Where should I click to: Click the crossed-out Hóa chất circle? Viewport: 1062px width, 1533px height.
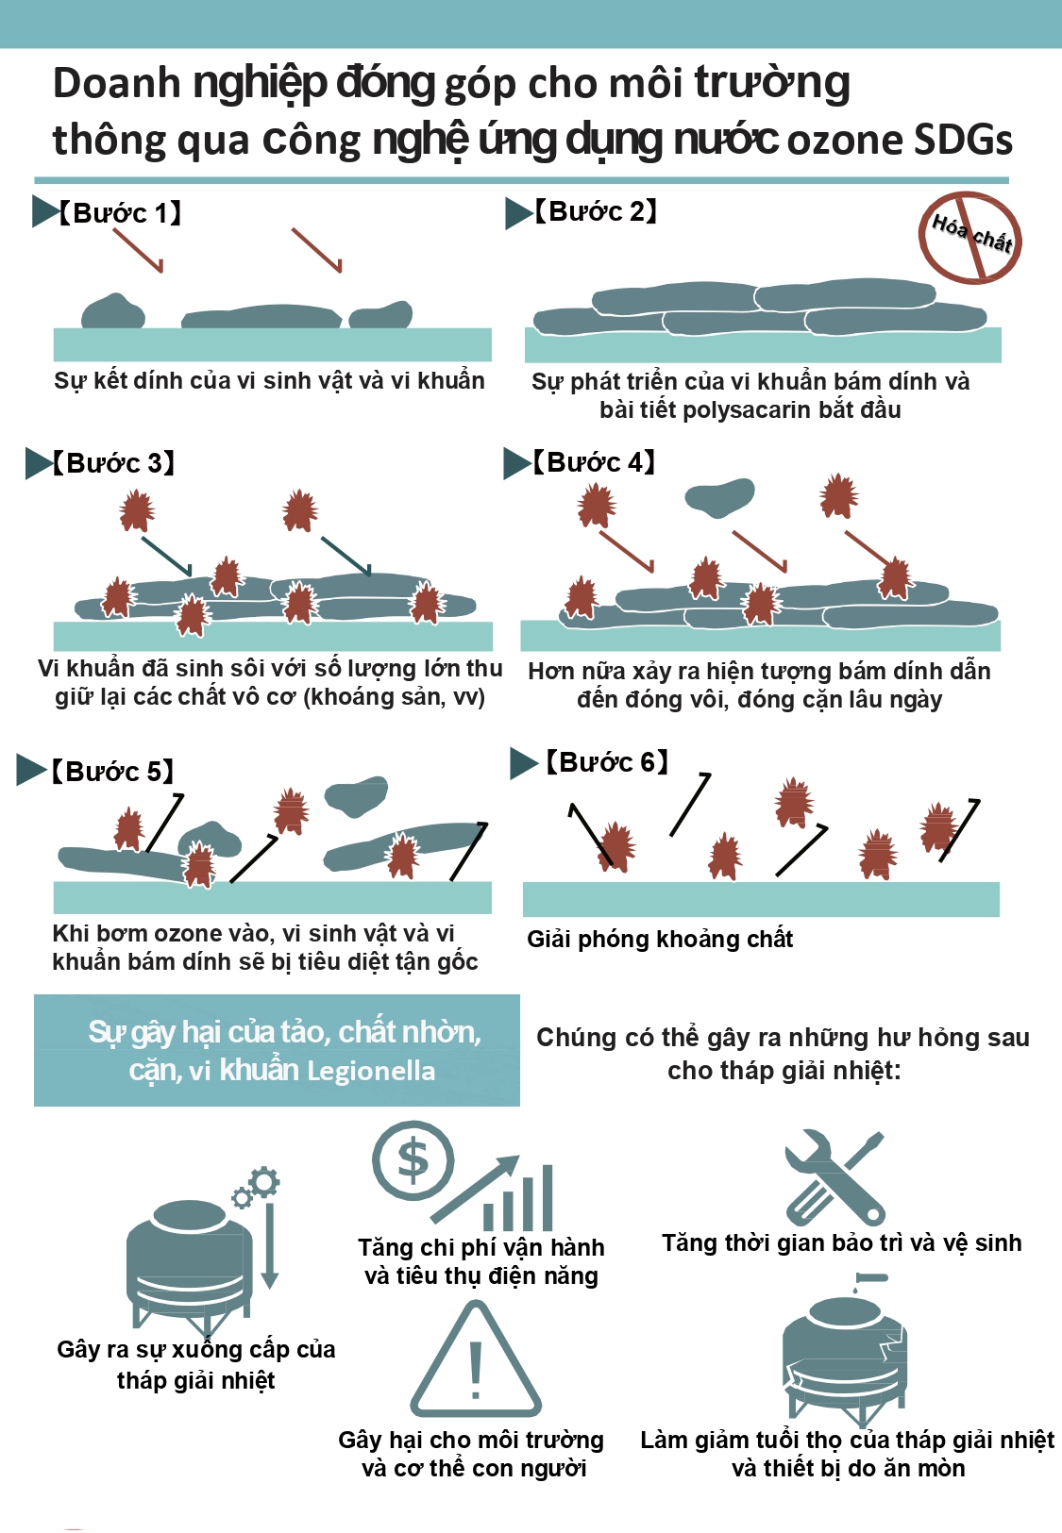[x=969, y=238]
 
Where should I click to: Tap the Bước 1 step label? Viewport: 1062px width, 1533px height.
[x=119, y=213]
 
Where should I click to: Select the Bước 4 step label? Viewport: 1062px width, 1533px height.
[x=593, y=462]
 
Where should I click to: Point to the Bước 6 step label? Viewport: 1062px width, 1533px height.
[x=606, y=761]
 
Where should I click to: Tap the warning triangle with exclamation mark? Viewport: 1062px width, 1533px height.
[x=475, y=1358]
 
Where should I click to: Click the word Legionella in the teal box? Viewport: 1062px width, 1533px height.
[x=371, y=1071]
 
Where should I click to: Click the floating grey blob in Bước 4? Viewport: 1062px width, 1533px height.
[x=719, y=495]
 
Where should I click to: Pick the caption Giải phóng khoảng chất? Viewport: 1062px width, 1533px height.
[x=660, y=939]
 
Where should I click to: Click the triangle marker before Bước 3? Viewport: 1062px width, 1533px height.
[x=39, y=463]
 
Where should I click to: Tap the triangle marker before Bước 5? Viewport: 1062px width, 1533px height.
[x=31, y=770]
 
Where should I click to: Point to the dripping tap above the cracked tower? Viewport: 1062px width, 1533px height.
[x=869, y=1280]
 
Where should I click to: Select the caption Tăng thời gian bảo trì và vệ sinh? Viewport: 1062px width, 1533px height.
[x=841, y=1242]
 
